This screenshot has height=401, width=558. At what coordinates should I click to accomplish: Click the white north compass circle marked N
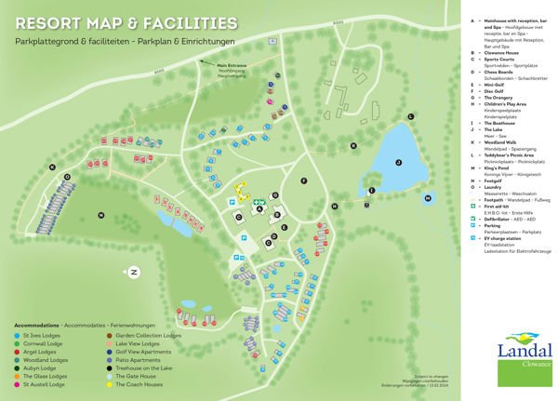[x=134, y=272]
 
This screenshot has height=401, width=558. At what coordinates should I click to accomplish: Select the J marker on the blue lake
[x=397, y=162]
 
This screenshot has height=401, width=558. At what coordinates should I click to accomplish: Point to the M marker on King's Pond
[x=428, y=198]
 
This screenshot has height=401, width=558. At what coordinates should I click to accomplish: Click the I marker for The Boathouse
[x=370, y=191]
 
